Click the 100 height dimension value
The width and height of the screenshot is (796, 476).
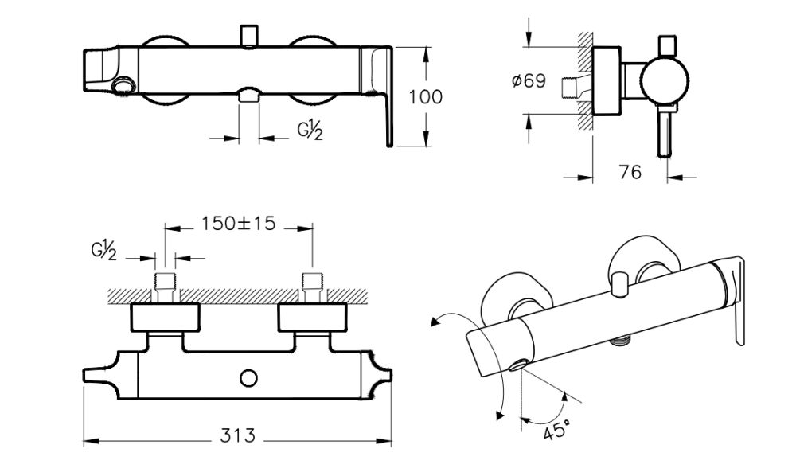coord(425,97)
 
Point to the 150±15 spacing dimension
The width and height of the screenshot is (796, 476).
coord(237,224)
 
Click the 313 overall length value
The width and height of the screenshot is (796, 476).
coord(238,435)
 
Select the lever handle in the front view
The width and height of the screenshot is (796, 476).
coord(380,88)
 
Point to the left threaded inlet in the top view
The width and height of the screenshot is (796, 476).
coord(165,284)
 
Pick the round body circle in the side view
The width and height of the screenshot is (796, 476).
coord(664,82)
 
